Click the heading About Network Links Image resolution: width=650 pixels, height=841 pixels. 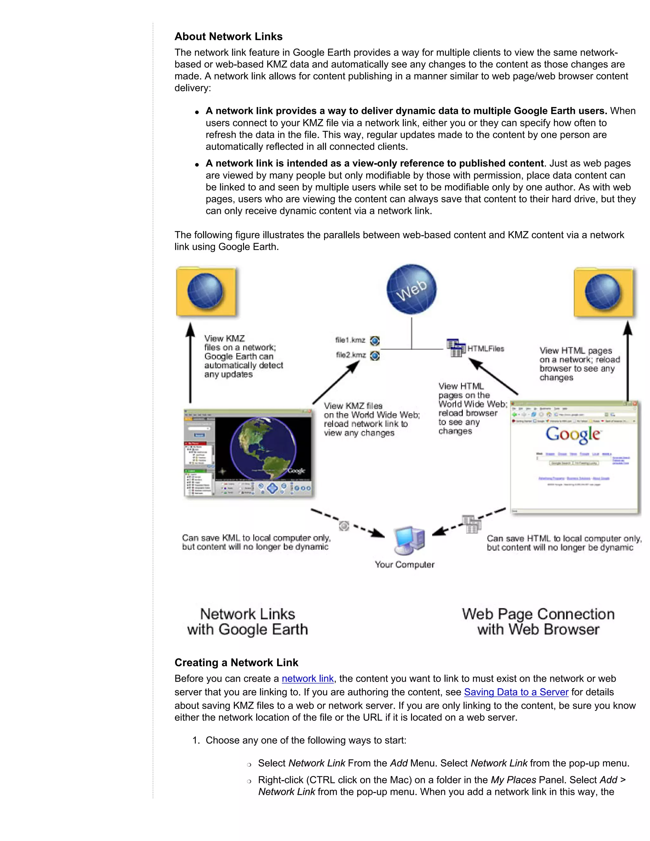pyautogui.click(x=228, y=36)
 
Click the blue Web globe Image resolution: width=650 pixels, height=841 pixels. pyautogui.click(x=411, y=289)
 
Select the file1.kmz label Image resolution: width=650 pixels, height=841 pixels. pyautogui.click(x=350, y=340)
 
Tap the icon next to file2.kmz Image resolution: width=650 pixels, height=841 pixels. pyautogui.click(x=375, y=356)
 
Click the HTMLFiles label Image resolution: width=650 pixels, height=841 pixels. pyautogui.click(x=486, y=349)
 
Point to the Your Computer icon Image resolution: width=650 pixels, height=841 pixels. pyautogui.click(x=409, y=540)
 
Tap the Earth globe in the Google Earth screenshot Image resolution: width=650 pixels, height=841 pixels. pyautogui.click(x=263, y=449)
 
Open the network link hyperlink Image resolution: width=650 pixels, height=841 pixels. pyautogui.click(x=307, y=679)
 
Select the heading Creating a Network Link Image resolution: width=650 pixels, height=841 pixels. pyautogui.click(x=236, y=663)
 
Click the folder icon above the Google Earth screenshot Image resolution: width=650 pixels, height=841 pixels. pyautogui.click(x=206, y=292)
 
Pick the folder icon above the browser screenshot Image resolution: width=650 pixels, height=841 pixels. pyautogui.click(x=603, y=292)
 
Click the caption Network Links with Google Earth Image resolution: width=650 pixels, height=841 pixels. pyautogui.click(x=248, y=621)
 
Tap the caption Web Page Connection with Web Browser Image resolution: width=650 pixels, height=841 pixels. pyautogui.click(x=538, y=621)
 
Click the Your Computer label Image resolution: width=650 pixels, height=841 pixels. pyautogui.click(x=405, y=565)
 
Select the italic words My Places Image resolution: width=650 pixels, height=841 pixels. pyautogui.click(x=513, y=780)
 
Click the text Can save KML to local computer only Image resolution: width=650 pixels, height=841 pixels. pyautogui.click(x=256, y=538)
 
